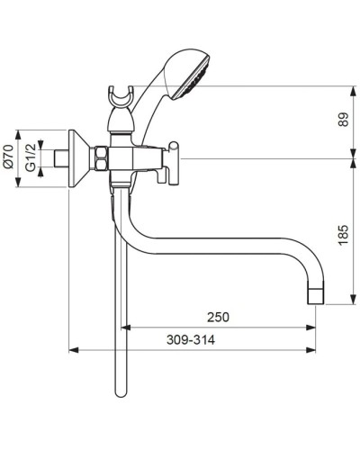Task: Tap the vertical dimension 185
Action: click(x=342, y=236)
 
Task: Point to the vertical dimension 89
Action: click(x=342, y=121)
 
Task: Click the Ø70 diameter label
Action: click(x=7, y=161)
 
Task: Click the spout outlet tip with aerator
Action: click(x=316, y=295)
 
